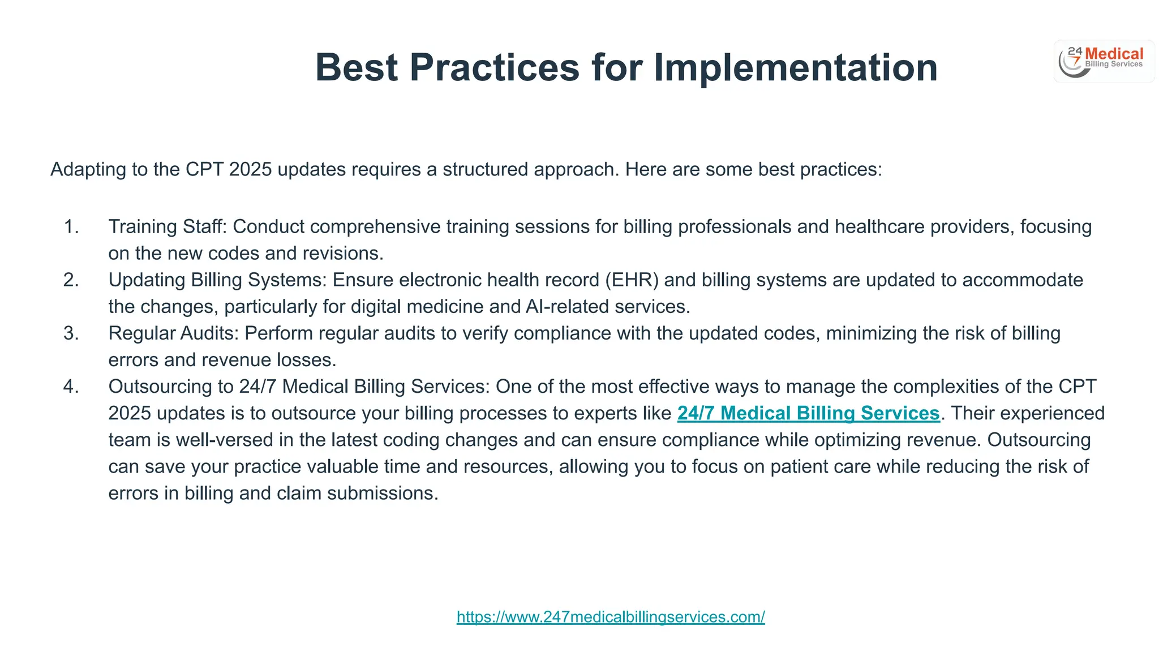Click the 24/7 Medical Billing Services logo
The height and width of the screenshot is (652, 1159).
(1104, 61)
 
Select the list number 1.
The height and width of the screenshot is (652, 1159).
(71, 226)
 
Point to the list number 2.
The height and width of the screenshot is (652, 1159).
(71, 280)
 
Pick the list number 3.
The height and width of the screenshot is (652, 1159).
(71, 333)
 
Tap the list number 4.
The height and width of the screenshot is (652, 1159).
(71, 386)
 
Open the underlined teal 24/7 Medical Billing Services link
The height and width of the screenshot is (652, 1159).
(808, 413)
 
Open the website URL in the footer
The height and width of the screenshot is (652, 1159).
(611, 616)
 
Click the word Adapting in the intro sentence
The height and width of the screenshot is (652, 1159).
(88, 169)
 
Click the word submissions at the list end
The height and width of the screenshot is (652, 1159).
(383, 493)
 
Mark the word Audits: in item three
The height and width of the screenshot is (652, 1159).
(210, 333)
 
